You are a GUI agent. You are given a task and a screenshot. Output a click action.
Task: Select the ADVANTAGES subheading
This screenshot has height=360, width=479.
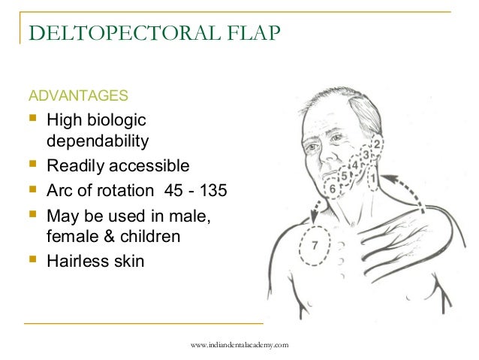pyautogui.click(x=78, y=96)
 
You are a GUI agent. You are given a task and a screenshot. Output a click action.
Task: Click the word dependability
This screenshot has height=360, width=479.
pyautogui.click(x=98, y=141)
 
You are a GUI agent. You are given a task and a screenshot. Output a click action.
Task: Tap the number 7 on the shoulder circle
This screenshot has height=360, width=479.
pyautogui.click(x=315, y=244)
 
